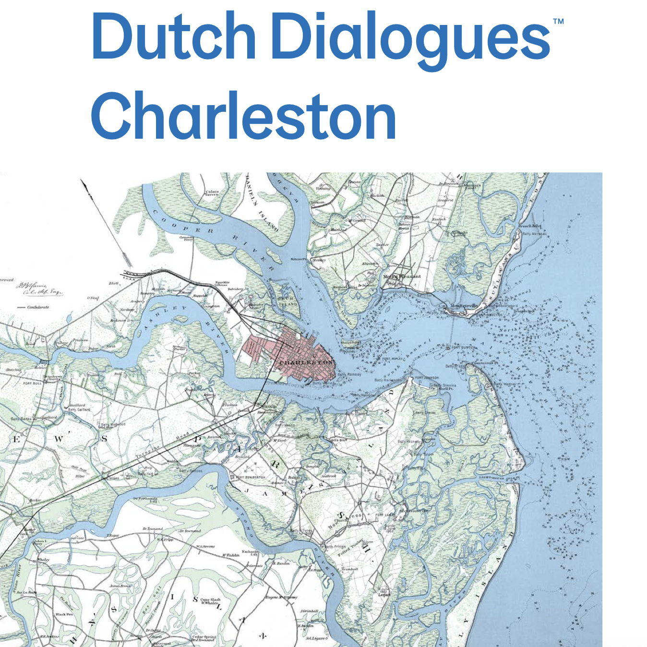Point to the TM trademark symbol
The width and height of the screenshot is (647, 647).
click(x=558, y=22)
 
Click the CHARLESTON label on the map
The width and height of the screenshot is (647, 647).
click(x=306, y=362)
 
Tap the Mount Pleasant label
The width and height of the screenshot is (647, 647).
click(x=402, y=277)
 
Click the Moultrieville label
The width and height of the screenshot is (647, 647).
click(x=464, y=306)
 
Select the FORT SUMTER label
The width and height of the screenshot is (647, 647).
click(x=463, y=347)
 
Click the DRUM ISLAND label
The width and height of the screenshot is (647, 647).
click(x=288, y=301)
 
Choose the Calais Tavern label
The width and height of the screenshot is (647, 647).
click(x=212, y=193)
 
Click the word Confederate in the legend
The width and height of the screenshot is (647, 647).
click(x=38, y=307)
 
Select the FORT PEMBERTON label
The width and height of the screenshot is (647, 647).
click(x=250, y=478)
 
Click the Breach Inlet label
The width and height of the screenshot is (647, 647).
click(x=529, y=226)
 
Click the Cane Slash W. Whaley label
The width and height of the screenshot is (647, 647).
click(x=210, y=601)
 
